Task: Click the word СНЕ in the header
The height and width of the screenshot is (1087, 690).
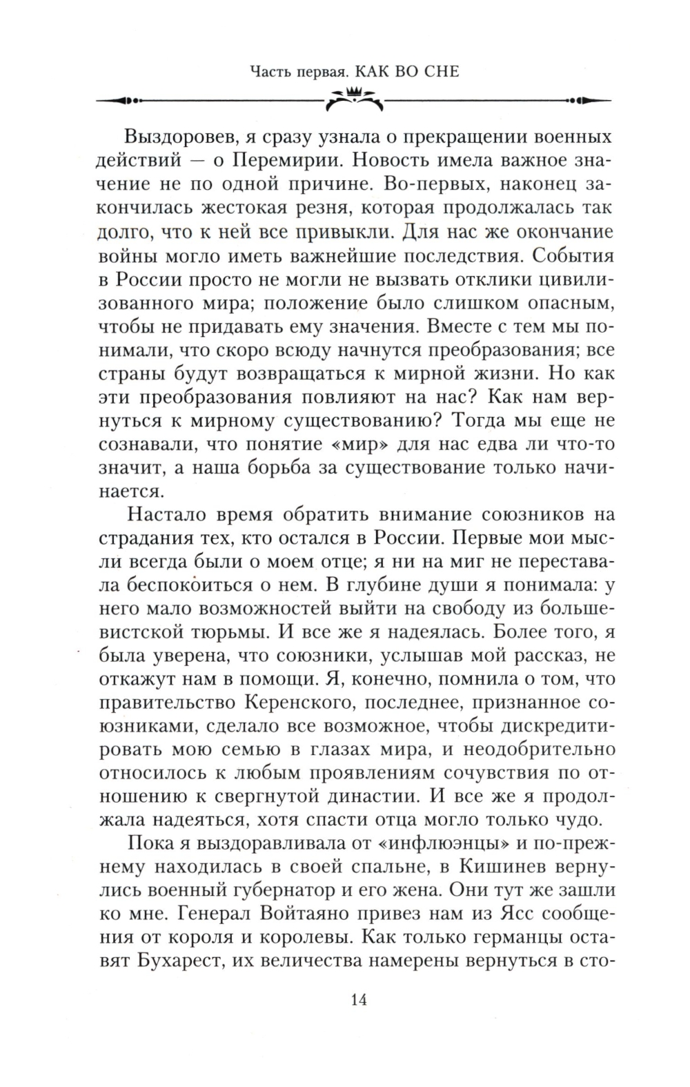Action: tap(437, 71)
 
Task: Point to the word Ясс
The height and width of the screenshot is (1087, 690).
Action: tap(500, 917)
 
